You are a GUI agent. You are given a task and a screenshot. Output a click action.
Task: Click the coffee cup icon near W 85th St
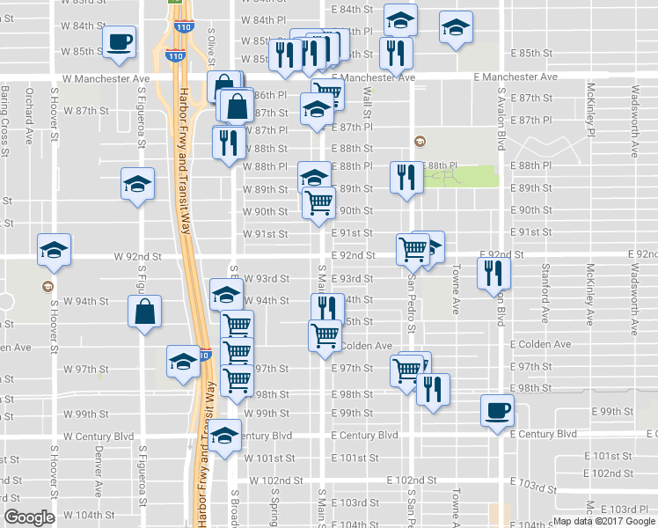[x=119, y=40]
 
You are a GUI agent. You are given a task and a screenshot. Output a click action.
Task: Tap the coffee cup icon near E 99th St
[x=497, y=410]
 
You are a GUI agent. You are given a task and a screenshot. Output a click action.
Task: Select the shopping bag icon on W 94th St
[x=144, y=311]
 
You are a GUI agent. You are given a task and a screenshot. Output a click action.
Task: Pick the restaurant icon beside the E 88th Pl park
[x=406, y=178]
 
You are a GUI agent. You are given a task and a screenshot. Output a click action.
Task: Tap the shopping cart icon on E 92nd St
[x=413, y=249]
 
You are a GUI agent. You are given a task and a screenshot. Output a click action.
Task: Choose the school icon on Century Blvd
[x=226, y=436]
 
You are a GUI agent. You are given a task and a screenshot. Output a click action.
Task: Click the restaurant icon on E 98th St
[x=433, y=389]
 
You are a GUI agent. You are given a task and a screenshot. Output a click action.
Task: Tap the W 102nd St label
[x=276, y=481]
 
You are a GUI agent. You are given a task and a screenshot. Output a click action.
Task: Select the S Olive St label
[x=211, y=46]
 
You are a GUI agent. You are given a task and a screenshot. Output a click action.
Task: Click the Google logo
[x=29, y=517]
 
